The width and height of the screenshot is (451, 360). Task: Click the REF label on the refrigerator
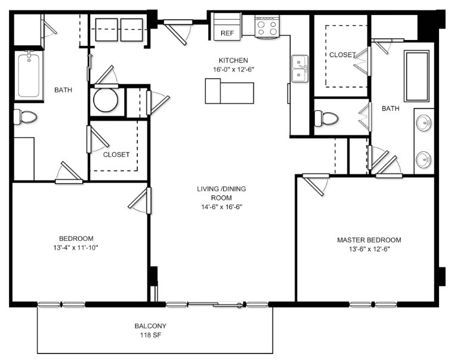coord(227,33)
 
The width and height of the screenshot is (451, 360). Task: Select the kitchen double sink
coord(299,69)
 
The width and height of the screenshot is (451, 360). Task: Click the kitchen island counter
coord(229,91)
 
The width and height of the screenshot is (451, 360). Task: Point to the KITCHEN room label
coord(233,60)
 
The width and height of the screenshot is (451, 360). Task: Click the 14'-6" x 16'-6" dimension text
coord(221,207)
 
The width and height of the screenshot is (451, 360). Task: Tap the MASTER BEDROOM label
coord(369,240)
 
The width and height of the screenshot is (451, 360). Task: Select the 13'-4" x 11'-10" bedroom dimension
coord(76,248)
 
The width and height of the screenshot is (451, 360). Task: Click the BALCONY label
coord(150,326)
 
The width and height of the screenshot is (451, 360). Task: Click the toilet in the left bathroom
coord(25,117)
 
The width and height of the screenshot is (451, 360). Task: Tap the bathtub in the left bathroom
coord(29,75)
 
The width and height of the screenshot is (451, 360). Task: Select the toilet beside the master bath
coord(326,118)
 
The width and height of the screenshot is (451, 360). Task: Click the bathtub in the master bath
coord(417,76)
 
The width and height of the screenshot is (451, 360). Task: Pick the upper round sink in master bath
coord(424,123)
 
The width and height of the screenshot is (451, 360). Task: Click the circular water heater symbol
coord(106,100)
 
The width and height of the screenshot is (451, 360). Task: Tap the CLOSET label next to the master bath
coord(342,55)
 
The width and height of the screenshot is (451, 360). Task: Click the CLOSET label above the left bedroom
coord(116,154)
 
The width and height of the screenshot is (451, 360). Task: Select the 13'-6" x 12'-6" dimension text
coord(369,249)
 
